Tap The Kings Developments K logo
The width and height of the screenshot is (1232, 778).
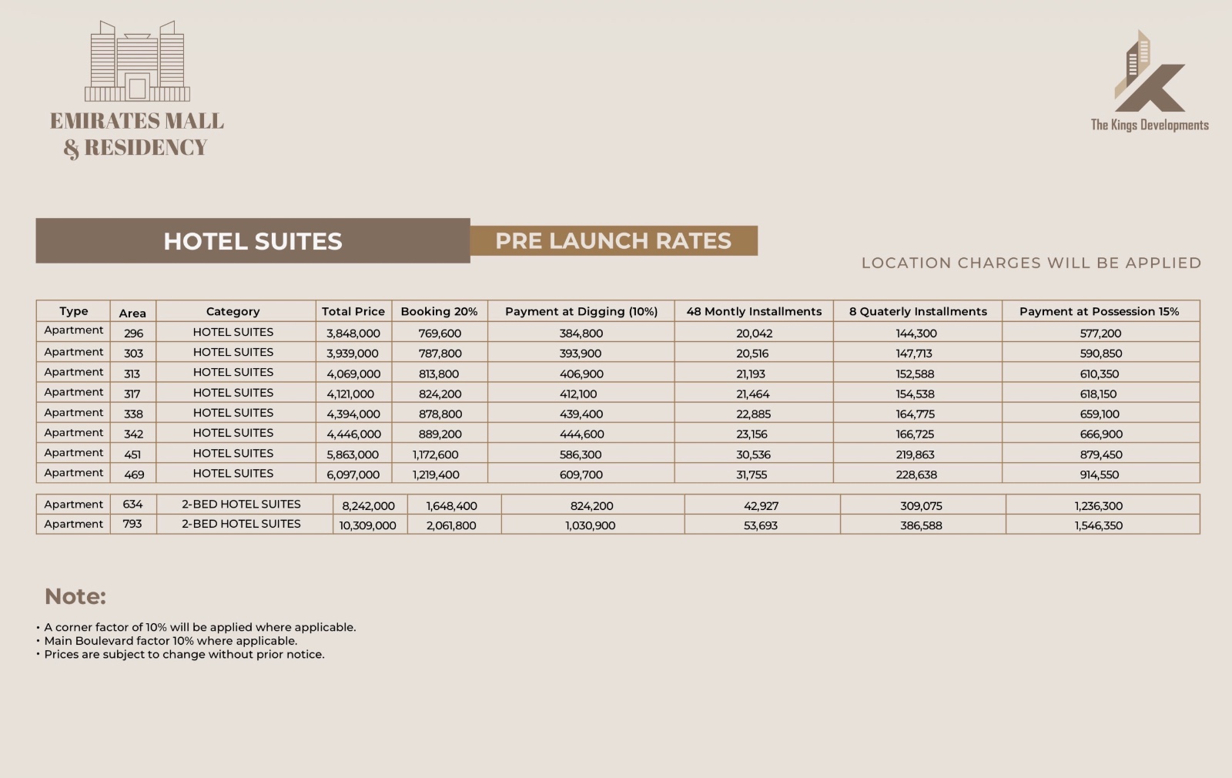tap(1150, 73)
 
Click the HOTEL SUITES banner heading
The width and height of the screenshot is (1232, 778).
tap(253, 241)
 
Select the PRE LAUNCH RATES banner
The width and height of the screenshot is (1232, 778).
tap(613, 240)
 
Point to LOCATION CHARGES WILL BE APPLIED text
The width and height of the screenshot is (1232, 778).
tap(1031, 263)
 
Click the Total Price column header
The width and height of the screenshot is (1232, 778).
tap(353, 311)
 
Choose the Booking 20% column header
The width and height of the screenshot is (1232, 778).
tap(439, 311)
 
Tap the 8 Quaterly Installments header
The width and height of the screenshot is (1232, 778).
tap(918, 311)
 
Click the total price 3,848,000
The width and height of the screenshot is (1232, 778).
tap(353, 334)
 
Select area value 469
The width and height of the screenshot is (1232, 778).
tap(134, 475)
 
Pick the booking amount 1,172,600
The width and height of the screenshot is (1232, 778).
tap(435, 454)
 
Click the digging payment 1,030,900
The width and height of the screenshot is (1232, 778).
tap(590, 525)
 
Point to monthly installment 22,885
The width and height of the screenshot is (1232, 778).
tap(753, 414)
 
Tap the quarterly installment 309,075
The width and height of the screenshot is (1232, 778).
tap(921, 506)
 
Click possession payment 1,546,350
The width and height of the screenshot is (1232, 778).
tap(1098, 525)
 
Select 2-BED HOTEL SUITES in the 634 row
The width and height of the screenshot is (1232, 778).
tap(241, 505)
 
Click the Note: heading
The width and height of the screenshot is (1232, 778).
tap(75, 596)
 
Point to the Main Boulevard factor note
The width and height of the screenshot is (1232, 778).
tap(170, 641)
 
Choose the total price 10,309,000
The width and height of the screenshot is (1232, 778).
tap(367, 525)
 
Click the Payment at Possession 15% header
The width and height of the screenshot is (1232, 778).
tap(1099, 311)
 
